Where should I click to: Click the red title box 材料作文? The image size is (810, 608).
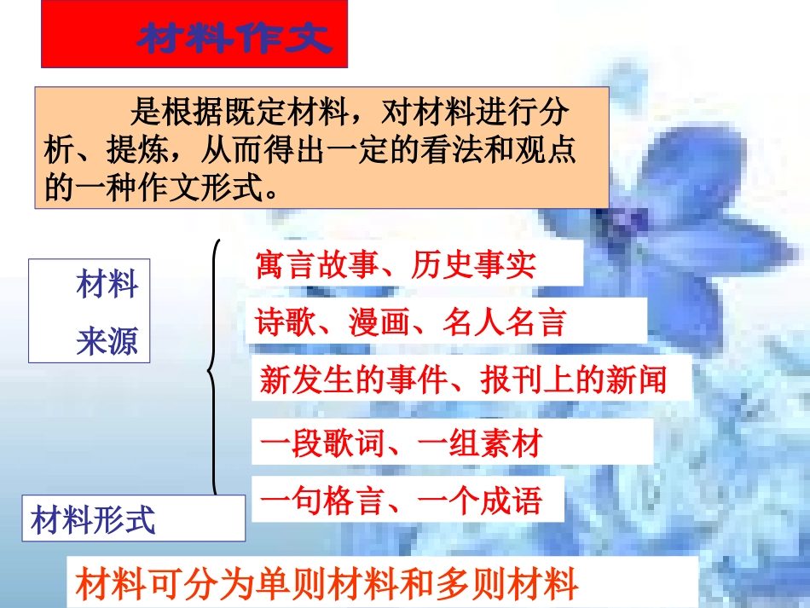point(194,35)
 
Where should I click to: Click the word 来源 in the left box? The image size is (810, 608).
point(107,341)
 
